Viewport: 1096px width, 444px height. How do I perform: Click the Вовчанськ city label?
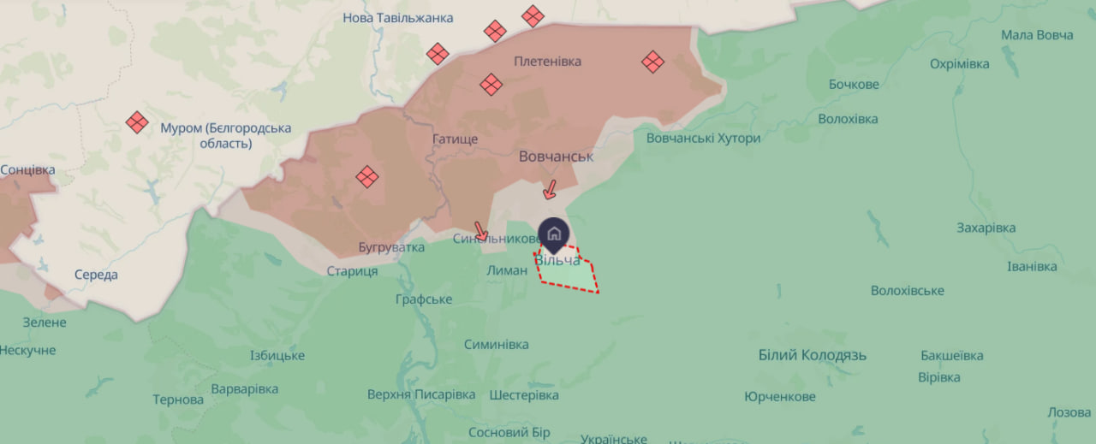tap(556, 157)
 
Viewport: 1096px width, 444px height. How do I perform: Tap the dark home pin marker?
tap(554, 233)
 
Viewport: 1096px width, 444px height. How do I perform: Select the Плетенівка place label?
tap(547, 62)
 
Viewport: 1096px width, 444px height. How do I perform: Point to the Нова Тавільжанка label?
tap(398, 18)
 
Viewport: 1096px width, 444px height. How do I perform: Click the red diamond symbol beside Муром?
tap(136, 122)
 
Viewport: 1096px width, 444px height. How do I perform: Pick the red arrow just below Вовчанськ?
tap(551, 188)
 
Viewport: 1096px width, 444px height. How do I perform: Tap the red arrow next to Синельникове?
tap(481, 231)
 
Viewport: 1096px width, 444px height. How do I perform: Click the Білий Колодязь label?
tap(813, 355)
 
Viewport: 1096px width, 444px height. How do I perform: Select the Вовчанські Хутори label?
tap(703, 139)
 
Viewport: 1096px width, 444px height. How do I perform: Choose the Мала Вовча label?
tap(1037, 35)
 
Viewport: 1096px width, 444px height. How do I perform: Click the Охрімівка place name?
tap(959, 64)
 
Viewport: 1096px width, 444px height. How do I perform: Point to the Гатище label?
tap(455, 139)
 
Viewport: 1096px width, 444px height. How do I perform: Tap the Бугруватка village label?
tap(391, 248)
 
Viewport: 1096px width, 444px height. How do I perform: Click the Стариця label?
tap(352, 271)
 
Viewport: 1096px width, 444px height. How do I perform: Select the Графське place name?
tap(424, 299)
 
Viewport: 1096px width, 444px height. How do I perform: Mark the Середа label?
tap(96, 275)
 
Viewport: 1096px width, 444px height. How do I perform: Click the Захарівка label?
tap(986, 228)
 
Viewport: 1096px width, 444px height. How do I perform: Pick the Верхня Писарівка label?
tap(420, 394)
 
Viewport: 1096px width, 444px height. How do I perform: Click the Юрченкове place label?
tap(779, 397)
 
